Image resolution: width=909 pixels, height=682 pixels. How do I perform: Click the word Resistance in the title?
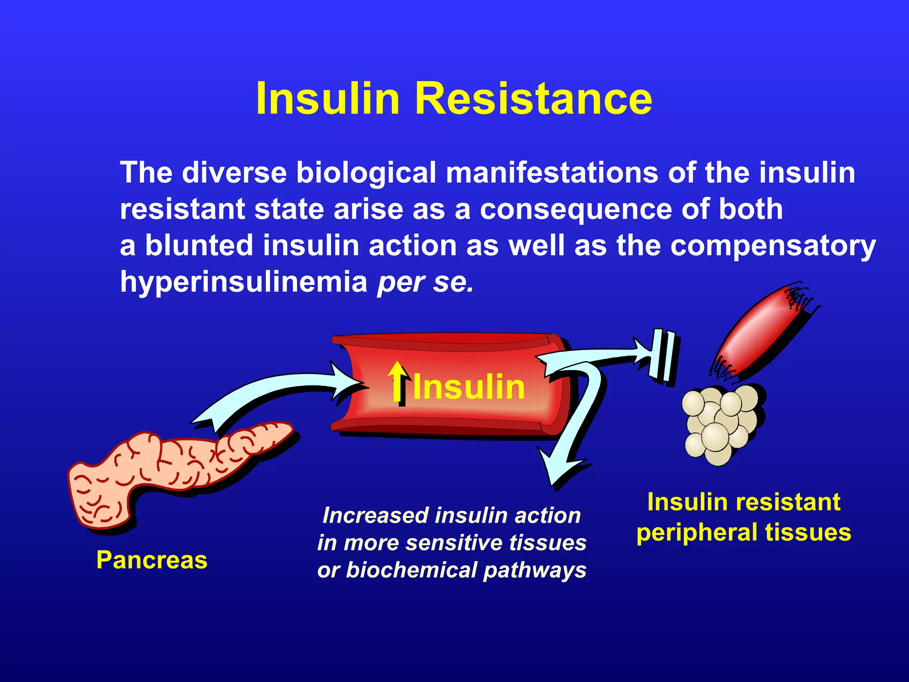coord(533,99)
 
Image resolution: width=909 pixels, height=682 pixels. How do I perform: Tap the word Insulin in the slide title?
coord(328,99)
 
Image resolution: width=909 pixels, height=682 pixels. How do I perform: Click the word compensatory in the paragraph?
coord(773,246)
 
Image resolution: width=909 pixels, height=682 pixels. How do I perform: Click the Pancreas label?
coord(152,560)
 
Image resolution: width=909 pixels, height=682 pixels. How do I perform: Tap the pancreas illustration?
coord(169,471)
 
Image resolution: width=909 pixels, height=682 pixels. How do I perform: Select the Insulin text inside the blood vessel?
coord(469,387)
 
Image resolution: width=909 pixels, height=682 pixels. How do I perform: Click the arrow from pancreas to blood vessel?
coord(275,391)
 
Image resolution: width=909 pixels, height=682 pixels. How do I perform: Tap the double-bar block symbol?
coord(663,355)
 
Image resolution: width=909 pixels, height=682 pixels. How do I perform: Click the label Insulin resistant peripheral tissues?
coord(744,517)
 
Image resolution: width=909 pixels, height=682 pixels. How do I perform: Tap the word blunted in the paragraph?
coord(199,246)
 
